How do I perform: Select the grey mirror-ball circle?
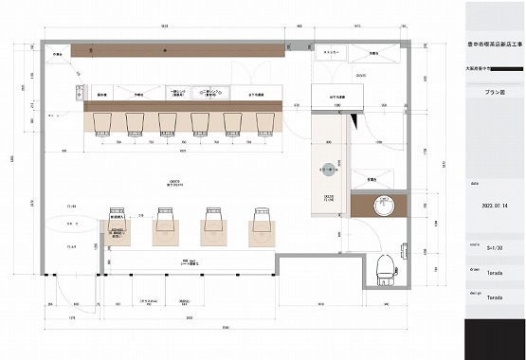(x=328, y=170)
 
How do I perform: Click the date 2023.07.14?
(x=496, y=205)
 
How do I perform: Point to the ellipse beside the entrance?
(x=72, y=225)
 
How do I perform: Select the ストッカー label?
(x=332, y=53)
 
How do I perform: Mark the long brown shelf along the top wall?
(x=171, y=47)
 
